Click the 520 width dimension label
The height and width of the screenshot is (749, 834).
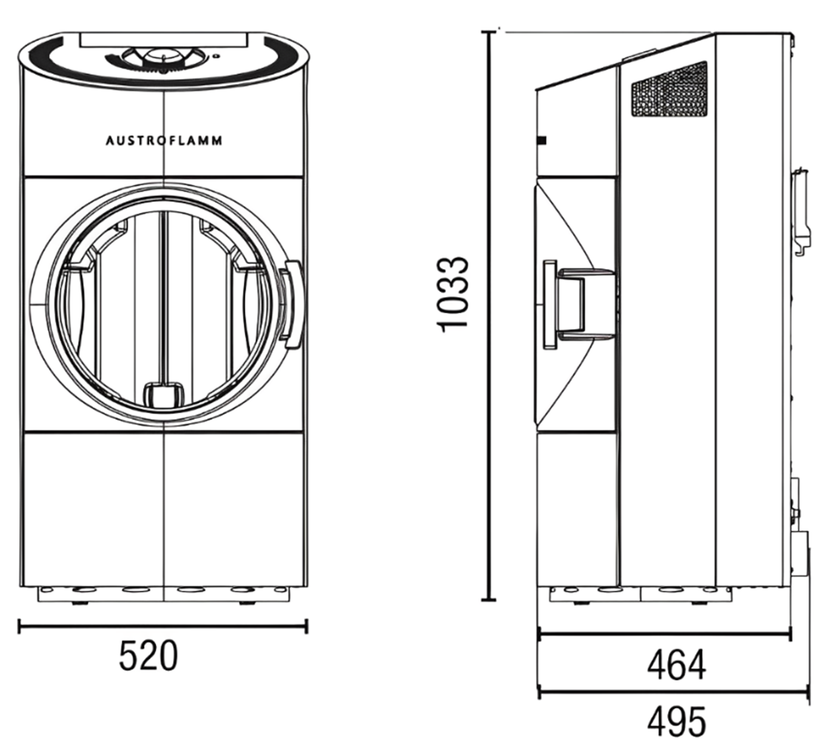(148, 655)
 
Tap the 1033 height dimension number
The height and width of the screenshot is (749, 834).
(453, 294)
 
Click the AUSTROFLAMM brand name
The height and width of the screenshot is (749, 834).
(164, 141)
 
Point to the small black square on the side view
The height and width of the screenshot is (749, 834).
(542, 141)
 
